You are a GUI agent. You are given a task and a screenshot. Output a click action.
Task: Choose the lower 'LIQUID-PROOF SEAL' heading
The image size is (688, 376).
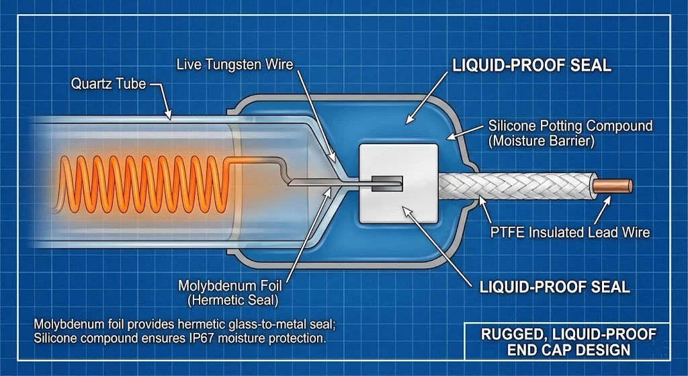pyautogui.click(x=554, y=287)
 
